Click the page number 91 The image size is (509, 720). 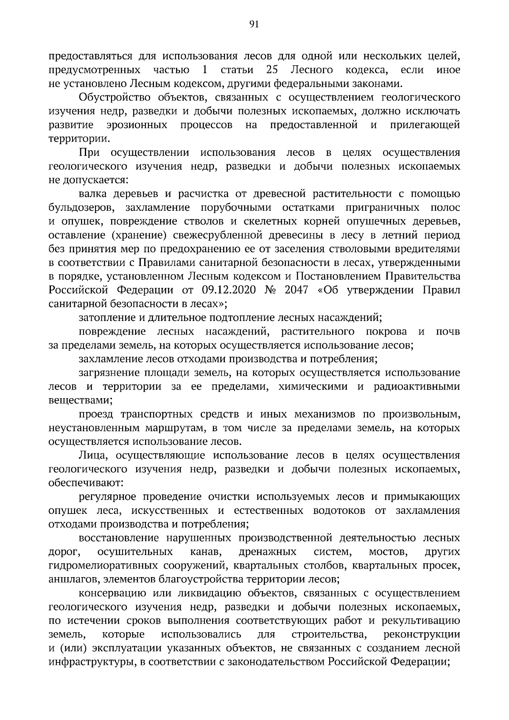click(x=254, y=24)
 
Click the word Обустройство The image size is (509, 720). click(x=113, y=97)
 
